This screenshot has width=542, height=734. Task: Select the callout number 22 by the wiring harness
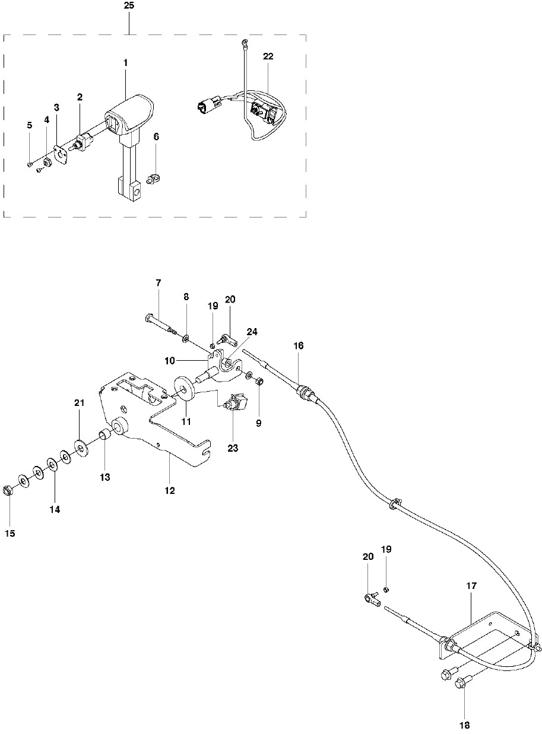pyautogui.click(x=268, y=56)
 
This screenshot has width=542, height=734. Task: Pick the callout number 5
pyautogui.click(x=29, y=125)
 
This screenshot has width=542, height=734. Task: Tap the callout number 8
pyautogui.click(x=186, y=296)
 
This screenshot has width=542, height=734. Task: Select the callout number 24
pyautogui.click(x=252, y=332)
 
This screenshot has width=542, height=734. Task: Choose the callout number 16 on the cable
pyautogui.click(x=298, y=345)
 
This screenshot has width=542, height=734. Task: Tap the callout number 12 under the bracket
pyautogui.click(x=170, y=492)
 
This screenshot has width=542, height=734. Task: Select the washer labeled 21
pyautogui.click(x=79, y=445)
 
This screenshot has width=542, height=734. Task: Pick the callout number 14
pyautogui.click(x=55, y=509)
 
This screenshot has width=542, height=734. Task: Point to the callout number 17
pyautogui.click(x=471, y=586)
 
